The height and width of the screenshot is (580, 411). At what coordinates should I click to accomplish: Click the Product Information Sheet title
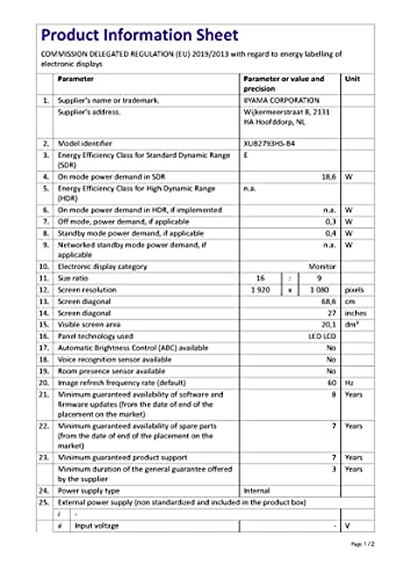pyautogui.click(x=139, y=35)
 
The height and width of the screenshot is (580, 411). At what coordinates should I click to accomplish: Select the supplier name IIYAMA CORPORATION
pyautogui.click(x=281, y=100)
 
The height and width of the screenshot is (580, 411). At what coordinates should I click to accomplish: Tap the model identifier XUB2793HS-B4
pyautogui.click(x=269, y=143)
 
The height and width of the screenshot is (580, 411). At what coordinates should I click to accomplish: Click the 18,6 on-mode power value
pyautogui.click(x=328, y=177)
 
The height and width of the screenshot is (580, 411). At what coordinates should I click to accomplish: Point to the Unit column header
pyautogui.click(x=352, y=79)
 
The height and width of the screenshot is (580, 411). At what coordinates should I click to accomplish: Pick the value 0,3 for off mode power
pyautogui.click(x=330, y=222)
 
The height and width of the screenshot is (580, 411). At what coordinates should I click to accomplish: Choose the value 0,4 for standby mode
pyautogui.click(x=330, y=233)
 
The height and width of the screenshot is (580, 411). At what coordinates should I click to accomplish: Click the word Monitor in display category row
pyautogui.click(x=322, y=266)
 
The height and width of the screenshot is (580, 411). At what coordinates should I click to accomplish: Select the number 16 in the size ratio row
pyautogui.click(x=260, y=278)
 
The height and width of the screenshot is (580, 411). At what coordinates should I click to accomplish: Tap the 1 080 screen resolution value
pyautogui.click(x=319, y=290)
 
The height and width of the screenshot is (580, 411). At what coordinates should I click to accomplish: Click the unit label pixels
pyautogui.click(x=354, y=290)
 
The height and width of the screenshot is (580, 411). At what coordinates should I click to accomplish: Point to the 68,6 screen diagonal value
pyautogui.click(x=328, y=301)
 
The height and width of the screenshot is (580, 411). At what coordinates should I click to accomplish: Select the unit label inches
pyautogui.click(x=355, y=313)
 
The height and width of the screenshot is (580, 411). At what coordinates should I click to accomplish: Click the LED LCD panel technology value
pyautogui.click(x=322, y=336)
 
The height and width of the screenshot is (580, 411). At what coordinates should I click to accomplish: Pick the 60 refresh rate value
pyautogui.click(x=332, y=382)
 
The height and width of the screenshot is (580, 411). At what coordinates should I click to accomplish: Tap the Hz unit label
pyautogui.click(x=349, y=383)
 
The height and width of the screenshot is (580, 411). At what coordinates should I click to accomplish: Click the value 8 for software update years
pyautogui.click(x=333, y=394)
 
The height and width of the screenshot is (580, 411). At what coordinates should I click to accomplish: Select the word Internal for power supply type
pyautogui.click(x=257, y=491)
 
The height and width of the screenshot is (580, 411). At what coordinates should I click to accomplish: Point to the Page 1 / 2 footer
pyautogui.click(x=362, y=544)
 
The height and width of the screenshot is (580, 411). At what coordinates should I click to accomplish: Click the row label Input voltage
pyautogui.click(x=97, y=526)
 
